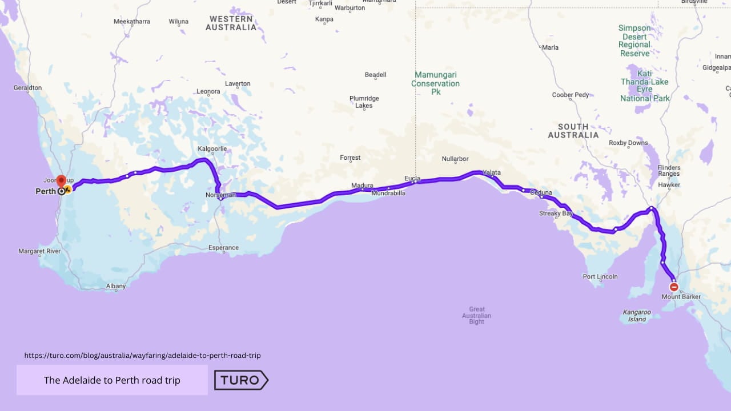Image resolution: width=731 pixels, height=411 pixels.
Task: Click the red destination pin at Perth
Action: point(61,181)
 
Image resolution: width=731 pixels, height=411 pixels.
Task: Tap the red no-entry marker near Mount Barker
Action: point(674,287)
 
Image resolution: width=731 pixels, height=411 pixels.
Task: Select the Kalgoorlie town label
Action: point(212,149)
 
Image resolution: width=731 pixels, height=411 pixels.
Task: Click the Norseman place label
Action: point(220,195)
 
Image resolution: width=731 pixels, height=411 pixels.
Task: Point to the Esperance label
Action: point(223,248)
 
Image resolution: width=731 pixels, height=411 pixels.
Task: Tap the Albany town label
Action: point(116,286)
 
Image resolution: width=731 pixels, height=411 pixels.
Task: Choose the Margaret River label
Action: point(39,251)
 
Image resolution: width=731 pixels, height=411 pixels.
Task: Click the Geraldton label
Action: point(28,88)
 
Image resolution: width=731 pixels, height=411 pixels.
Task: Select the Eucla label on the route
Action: point(412,179)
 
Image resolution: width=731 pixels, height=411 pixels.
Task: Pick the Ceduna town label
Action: point(541,192)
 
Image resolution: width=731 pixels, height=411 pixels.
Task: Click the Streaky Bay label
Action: point(556,213)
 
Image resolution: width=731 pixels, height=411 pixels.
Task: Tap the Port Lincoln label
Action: point(600,276)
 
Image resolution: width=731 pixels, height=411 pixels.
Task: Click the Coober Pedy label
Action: point(571,95)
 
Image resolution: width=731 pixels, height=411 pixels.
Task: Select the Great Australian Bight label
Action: point(476,316)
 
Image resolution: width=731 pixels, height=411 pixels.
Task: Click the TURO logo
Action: point(241,380)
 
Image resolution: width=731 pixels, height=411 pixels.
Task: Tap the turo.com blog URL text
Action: point(142,355)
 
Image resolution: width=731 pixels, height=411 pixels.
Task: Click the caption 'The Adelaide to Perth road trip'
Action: point(112,380)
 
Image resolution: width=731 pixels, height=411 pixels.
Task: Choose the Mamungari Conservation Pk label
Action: point(435,83)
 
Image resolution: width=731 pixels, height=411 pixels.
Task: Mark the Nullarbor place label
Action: point(455,159)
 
